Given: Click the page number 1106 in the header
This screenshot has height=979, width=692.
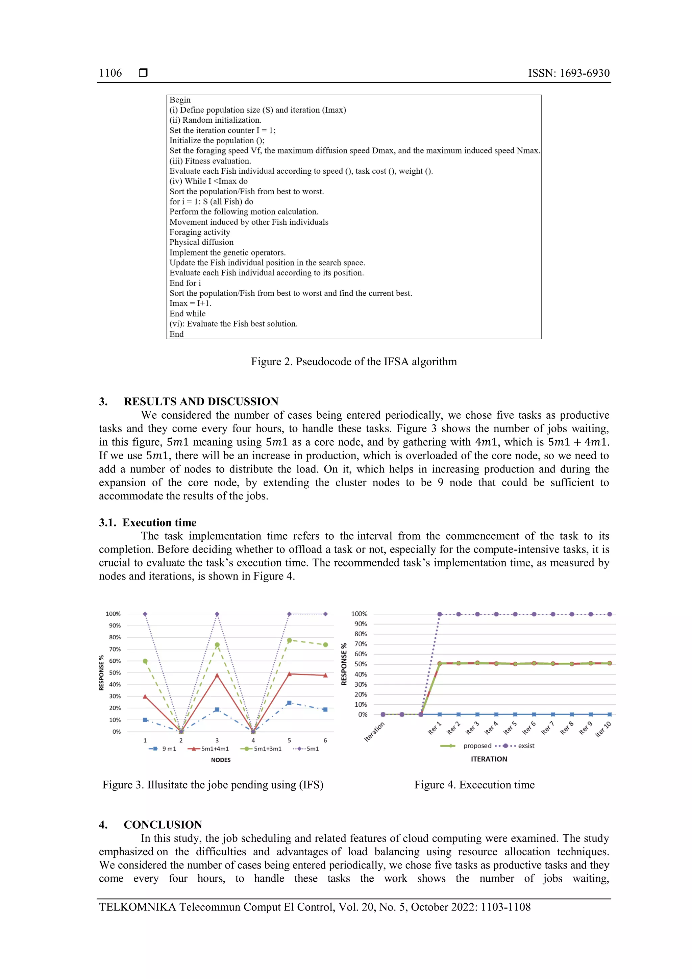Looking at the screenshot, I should tap(110, 73).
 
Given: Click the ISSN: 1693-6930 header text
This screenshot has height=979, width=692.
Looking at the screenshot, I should tap(568, 73).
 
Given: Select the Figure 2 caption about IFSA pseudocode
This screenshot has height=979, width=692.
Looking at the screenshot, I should tap(353, 362).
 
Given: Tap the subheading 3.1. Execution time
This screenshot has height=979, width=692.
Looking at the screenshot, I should tap(148, 522).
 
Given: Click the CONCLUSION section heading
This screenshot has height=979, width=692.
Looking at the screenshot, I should tap(163, 824).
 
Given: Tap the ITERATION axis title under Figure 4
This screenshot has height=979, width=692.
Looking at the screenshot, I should tap(489, 759).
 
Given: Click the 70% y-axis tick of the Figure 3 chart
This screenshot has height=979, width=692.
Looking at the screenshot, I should tap(115, 649).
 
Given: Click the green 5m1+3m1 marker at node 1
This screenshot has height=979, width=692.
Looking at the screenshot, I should tap(145, 661).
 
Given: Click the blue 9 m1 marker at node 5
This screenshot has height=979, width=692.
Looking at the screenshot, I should tap(289, 703).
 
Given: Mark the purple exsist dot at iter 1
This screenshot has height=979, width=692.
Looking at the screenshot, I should tap(440, 614).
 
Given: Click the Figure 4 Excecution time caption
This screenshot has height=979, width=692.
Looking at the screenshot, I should tap(474, 785).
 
